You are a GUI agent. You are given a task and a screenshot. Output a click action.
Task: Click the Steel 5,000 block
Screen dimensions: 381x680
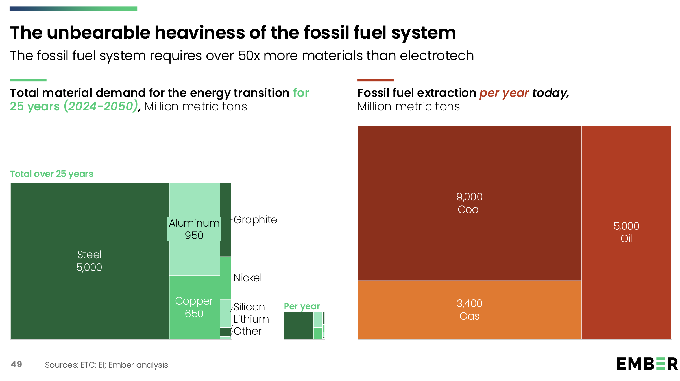[x=89, y=261]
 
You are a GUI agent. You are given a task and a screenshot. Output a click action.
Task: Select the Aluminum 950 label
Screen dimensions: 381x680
[x=194, y=229]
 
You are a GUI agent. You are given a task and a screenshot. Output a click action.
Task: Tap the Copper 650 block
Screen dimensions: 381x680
[x=194, y=307]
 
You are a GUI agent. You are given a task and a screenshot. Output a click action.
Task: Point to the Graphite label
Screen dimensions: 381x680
[x=255, y=220]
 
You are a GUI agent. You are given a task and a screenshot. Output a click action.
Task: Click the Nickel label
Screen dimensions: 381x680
[x=248, y=278]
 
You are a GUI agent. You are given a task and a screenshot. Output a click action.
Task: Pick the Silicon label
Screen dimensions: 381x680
[x=249, y=307]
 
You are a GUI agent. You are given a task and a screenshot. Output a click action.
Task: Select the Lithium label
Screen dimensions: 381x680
[x=251, y=319]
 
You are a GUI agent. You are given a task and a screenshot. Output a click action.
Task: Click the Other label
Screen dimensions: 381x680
[x=247, y=331]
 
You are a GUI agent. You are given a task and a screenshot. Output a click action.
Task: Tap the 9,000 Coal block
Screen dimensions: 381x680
[x=469, y=203]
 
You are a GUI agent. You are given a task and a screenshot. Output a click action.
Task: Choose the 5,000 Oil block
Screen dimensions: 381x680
[x=626, y=232]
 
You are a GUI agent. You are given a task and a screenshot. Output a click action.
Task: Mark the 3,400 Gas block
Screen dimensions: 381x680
[x=469, y=310]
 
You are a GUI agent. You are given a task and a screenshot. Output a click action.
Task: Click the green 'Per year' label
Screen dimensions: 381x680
[x=302, y=306]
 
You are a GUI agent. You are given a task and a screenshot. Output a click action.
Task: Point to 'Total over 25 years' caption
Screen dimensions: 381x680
[x=52, y=174]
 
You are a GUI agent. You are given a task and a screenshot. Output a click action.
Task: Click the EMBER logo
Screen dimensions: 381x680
[x=647, y=364]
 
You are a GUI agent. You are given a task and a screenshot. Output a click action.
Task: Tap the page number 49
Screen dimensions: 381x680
[x=16, y=364]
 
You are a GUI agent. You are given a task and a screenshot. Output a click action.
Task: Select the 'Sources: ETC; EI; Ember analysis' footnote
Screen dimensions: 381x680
[x=106, y=365]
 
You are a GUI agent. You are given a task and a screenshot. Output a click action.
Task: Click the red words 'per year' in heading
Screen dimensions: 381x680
[x=504, y=93]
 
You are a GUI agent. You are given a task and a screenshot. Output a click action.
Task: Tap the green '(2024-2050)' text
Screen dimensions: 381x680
[x=101, y=106]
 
